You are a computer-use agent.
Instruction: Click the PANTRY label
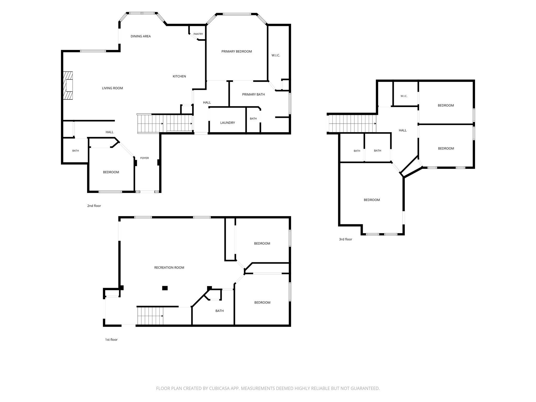tap(198, 34)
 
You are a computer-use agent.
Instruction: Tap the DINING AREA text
tap(141, 36)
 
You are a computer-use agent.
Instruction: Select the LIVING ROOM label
tap(112, 88)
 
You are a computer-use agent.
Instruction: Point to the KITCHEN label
tap(179, 76)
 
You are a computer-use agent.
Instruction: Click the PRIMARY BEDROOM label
tap(237, 52)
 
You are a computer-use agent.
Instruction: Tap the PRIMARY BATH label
tap(253, 94)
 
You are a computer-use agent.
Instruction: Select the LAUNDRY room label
tap(227, 123)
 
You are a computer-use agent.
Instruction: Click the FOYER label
tap(144, 158)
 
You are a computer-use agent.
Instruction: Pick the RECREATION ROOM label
tap(169, 268)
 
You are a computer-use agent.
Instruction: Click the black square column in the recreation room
tap(165, 288)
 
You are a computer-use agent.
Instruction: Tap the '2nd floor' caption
tap(94, 206)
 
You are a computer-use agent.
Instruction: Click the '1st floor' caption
tap(111, 340)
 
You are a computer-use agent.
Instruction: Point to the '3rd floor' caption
tap(345, 239)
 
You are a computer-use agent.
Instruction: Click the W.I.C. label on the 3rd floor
tap(404, 96)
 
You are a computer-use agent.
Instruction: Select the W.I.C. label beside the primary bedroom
tap(276, 55)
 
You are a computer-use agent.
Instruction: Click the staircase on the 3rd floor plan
tap(353, 124)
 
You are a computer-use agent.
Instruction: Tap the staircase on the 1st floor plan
tap(150, 316)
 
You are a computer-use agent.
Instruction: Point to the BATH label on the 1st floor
tap(220, 311)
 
